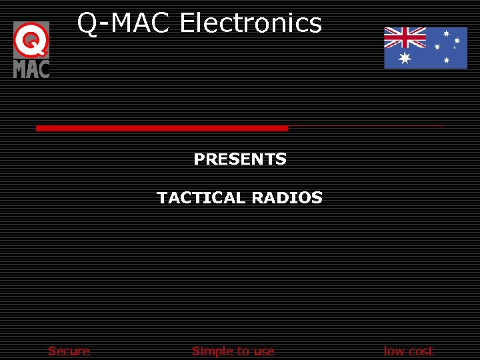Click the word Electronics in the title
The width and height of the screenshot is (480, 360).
251,23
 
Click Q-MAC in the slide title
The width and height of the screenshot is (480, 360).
125,23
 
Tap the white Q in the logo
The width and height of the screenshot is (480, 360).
31,41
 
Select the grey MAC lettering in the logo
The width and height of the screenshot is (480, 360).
31,68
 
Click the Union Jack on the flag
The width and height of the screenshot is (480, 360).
405,38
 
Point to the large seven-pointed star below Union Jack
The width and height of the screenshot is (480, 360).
405,59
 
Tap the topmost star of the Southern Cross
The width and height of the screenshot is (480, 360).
446,33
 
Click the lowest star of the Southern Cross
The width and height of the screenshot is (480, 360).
446,61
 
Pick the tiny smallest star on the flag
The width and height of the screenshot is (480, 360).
454,48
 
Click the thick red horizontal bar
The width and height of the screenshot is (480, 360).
161,128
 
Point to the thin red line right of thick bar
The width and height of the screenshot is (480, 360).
366,126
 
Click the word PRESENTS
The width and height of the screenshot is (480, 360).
240,159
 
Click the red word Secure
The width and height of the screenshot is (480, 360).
69,351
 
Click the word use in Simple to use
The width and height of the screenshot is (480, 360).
262,351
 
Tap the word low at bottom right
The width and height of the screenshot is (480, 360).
394,351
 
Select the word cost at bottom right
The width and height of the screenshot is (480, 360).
420,351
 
